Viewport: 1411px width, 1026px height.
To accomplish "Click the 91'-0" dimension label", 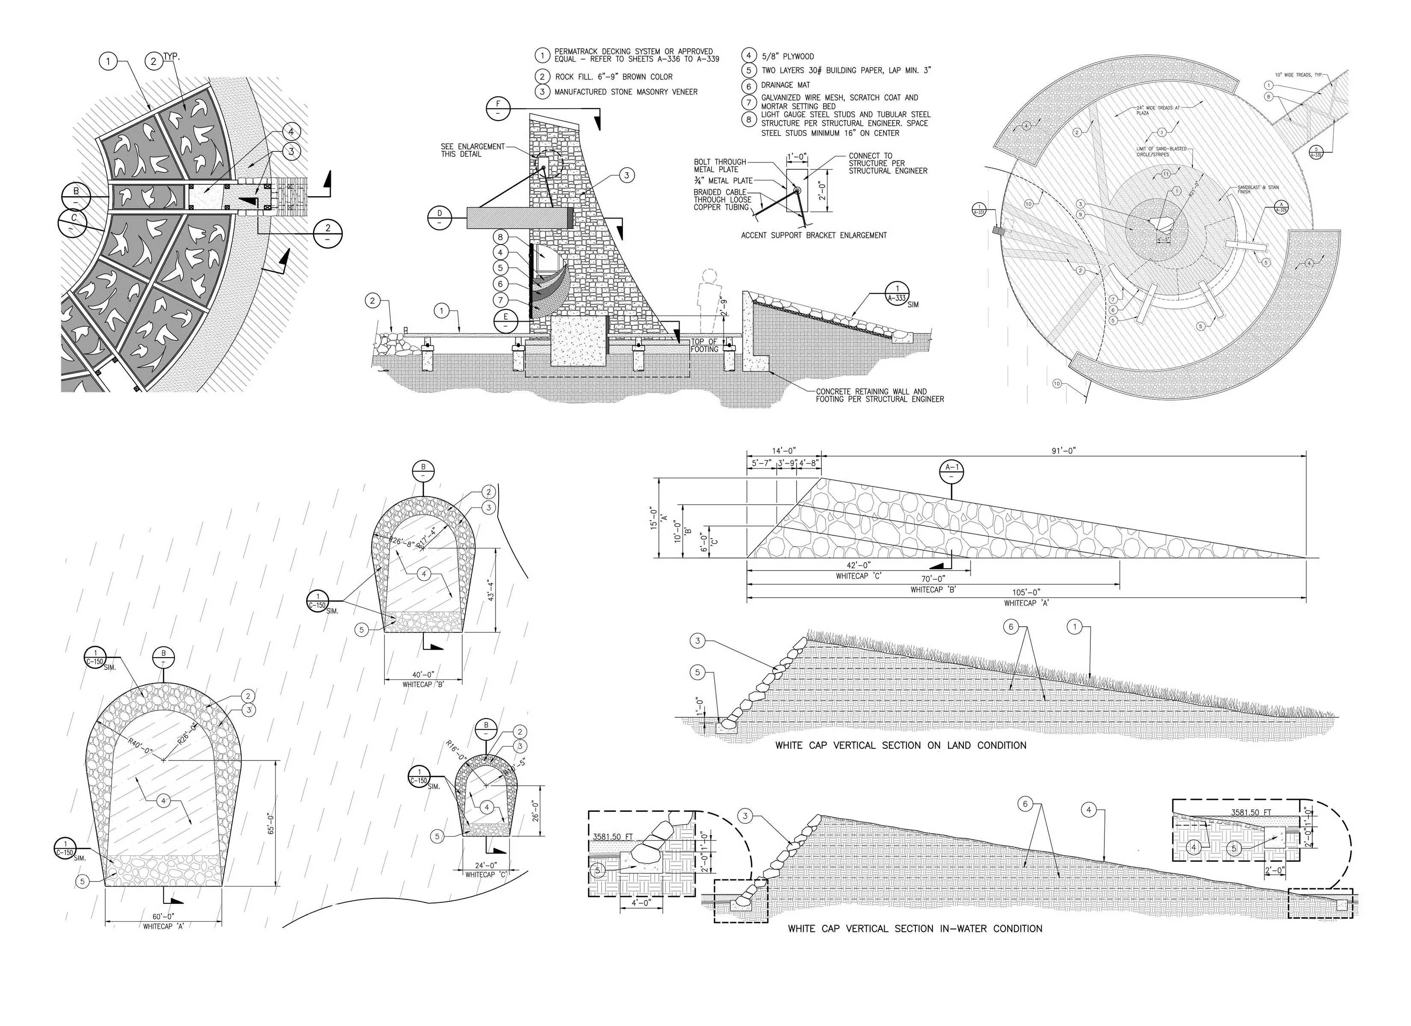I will [1064, 451].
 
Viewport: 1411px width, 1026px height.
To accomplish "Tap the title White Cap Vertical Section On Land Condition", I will [900, 746].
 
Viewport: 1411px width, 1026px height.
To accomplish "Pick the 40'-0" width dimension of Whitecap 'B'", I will [423, 675].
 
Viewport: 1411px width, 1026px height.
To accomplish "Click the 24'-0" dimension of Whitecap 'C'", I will [485, 865].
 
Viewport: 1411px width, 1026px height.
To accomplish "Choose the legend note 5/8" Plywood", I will [788, 56].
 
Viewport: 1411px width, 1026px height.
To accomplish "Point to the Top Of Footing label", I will [704, 345].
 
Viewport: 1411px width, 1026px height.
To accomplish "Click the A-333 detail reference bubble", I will [897, 294].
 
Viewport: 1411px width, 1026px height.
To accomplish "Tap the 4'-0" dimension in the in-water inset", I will [640, 903].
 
